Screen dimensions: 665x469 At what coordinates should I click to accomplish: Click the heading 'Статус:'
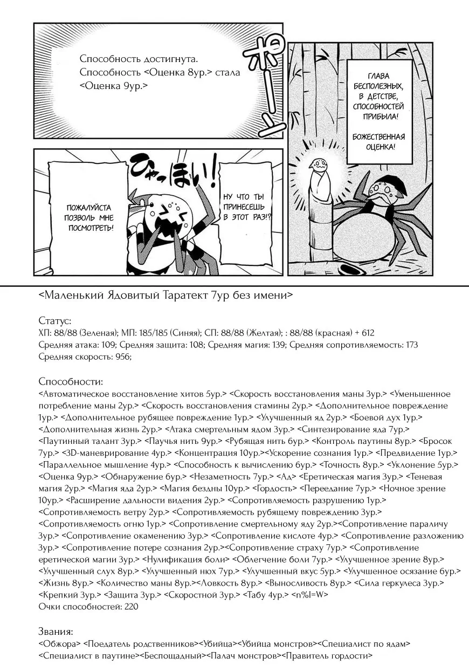55,321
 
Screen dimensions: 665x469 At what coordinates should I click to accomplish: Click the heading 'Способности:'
71,382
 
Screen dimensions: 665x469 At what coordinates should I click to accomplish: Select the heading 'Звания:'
56,632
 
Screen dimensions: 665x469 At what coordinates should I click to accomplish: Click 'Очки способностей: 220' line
88,607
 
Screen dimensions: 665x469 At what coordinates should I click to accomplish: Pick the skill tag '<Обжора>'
60,644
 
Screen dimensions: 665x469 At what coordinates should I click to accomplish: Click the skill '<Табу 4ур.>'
265,595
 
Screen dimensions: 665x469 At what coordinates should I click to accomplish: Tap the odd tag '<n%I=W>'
309,595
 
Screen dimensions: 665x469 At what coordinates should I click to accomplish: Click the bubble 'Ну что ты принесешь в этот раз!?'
248,207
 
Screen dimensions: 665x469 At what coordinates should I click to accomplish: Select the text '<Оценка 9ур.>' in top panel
114,86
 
